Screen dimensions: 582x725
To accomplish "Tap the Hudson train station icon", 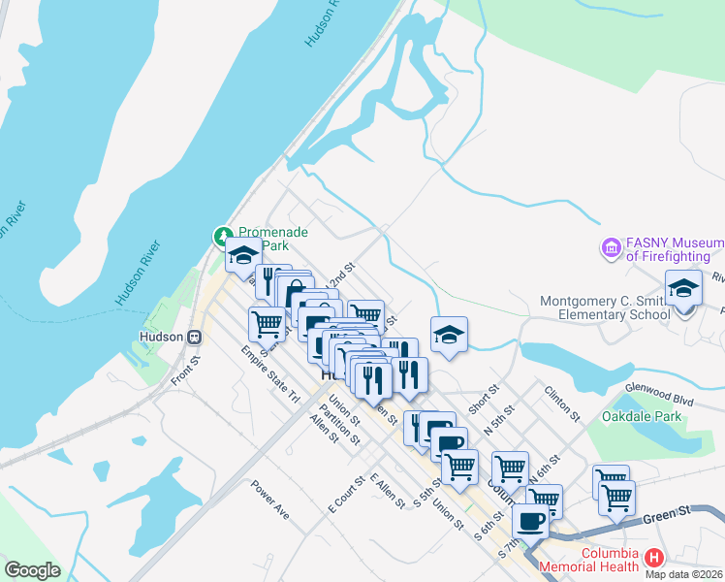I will (x=195, y=337).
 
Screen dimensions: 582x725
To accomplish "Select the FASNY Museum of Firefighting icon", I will (x=611, y=248).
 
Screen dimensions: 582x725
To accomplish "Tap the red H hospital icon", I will (x=654, y=558).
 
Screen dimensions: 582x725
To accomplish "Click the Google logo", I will (x=32, y=570).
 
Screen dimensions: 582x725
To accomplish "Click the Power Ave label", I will (x=269, y=499).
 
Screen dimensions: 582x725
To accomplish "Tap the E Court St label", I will (x=347, y=495).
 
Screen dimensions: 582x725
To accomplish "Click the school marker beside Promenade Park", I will (x=242, y=256).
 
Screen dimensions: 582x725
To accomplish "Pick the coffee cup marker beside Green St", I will (x=530, y=522).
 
